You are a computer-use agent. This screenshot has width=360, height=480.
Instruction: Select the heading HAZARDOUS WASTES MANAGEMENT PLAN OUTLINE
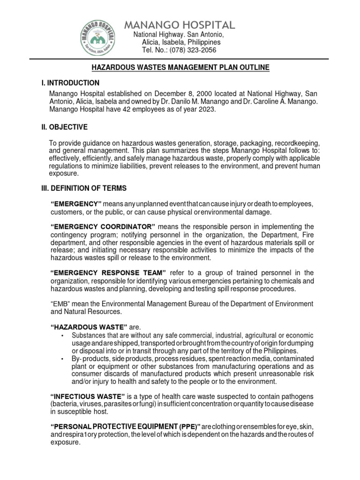(x=180, y=68)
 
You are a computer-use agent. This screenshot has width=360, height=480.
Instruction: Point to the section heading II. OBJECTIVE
(x=63, y=127)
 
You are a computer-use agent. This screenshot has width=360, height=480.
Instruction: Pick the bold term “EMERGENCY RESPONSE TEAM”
(x=108, y=273)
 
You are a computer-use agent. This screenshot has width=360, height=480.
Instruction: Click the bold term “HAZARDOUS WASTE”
(x=89, y=327)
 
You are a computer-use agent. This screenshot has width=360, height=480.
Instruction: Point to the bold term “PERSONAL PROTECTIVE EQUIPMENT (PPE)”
(x=125, y=427)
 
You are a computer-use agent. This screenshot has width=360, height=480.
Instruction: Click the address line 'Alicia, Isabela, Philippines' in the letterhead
(x=181, y=43)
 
